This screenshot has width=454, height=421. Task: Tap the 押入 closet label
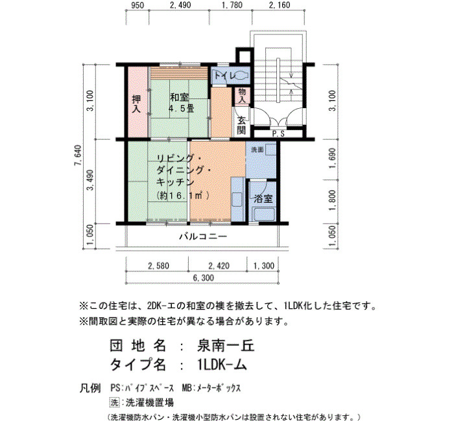coord(136,104)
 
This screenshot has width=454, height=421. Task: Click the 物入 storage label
coord(242,96)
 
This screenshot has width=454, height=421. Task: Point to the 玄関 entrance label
coord(241,125)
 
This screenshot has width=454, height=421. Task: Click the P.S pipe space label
coord(278,134)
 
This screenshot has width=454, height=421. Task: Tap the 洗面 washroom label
coord(257,150)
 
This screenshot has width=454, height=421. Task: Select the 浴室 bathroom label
coord(263,199)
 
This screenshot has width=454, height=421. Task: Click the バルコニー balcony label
coord(203,236)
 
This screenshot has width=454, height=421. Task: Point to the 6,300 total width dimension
coord(204,278)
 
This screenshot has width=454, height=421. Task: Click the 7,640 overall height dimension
coord(78,155)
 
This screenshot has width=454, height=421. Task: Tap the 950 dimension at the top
coord(137,5)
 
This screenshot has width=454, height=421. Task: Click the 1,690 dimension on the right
coord(332,159)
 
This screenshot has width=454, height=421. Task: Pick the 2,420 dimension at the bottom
coord(219,266)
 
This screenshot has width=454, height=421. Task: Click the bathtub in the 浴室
coord(263,214)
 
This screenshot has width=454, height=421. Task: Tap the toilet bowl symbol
coord(241,76)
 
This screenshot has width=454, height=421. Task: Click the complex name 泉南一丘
coord(226,345)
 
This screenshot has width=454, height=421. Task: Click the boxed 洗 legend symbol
coord(114,402)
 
